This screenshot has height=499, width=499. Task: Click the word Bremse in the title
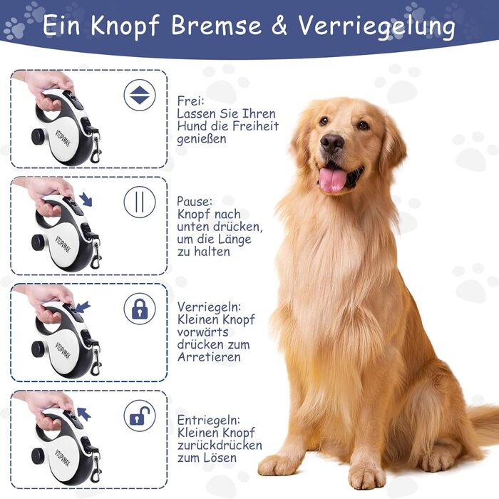pyautogui.click(x=216, y=25)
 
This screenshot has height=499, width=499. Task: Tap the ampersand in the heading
pyautogui.click(x=279, y=25)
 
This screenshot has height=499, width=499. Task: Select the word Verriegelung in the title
pyautogui.click(x=376, y=27)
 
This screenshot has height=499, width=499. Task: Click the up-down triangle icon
pyautogui.click(x=140, y=95)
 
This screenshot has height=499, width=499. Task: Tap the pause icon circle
pyautogui.click(x=140, y=202)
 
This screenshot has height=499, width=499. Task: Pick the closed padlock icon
pyautogui.click(x=140, y=309)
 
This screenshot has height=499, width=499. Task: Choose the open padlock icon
pyautogui.click(x=140, y=416)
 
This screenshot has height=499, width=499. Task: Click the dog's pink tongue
pyautogui.click(x=333, y=180)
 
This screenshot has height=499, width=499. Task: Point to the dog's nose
pyautogui.click(x=331, y=143)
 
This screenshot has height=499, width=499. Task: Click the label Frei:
pyautogui.click(x=190, y=101)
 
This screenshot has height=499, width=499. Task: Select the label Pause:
pyautogui.click(x=194, y=202)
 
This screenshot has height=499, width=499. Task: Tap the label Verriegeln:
pyautogui.click(x=209, y=307)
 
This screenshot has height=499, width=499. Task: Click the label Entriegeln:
pyautogui.click(x=208, y=420)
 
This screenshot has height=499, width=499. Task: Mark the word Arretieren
pyautogui.click(x=209, y=357)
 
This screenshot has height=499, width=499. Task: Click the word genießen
pyautogui.click(x=202, y=140)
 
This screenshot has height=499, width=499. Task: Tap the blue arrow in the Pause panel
pyautogui.click(x=86, y=199)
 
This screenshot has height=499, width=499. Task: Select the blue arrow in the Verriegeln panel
pyautogui.click(x=83, y=307)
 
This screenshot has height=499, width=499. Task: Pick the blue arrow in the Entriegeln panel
pyautogui.click(x=84, y=413)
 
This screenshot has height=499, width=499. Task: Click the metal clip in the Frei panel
pyautogui.click(x=96, y=148)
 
